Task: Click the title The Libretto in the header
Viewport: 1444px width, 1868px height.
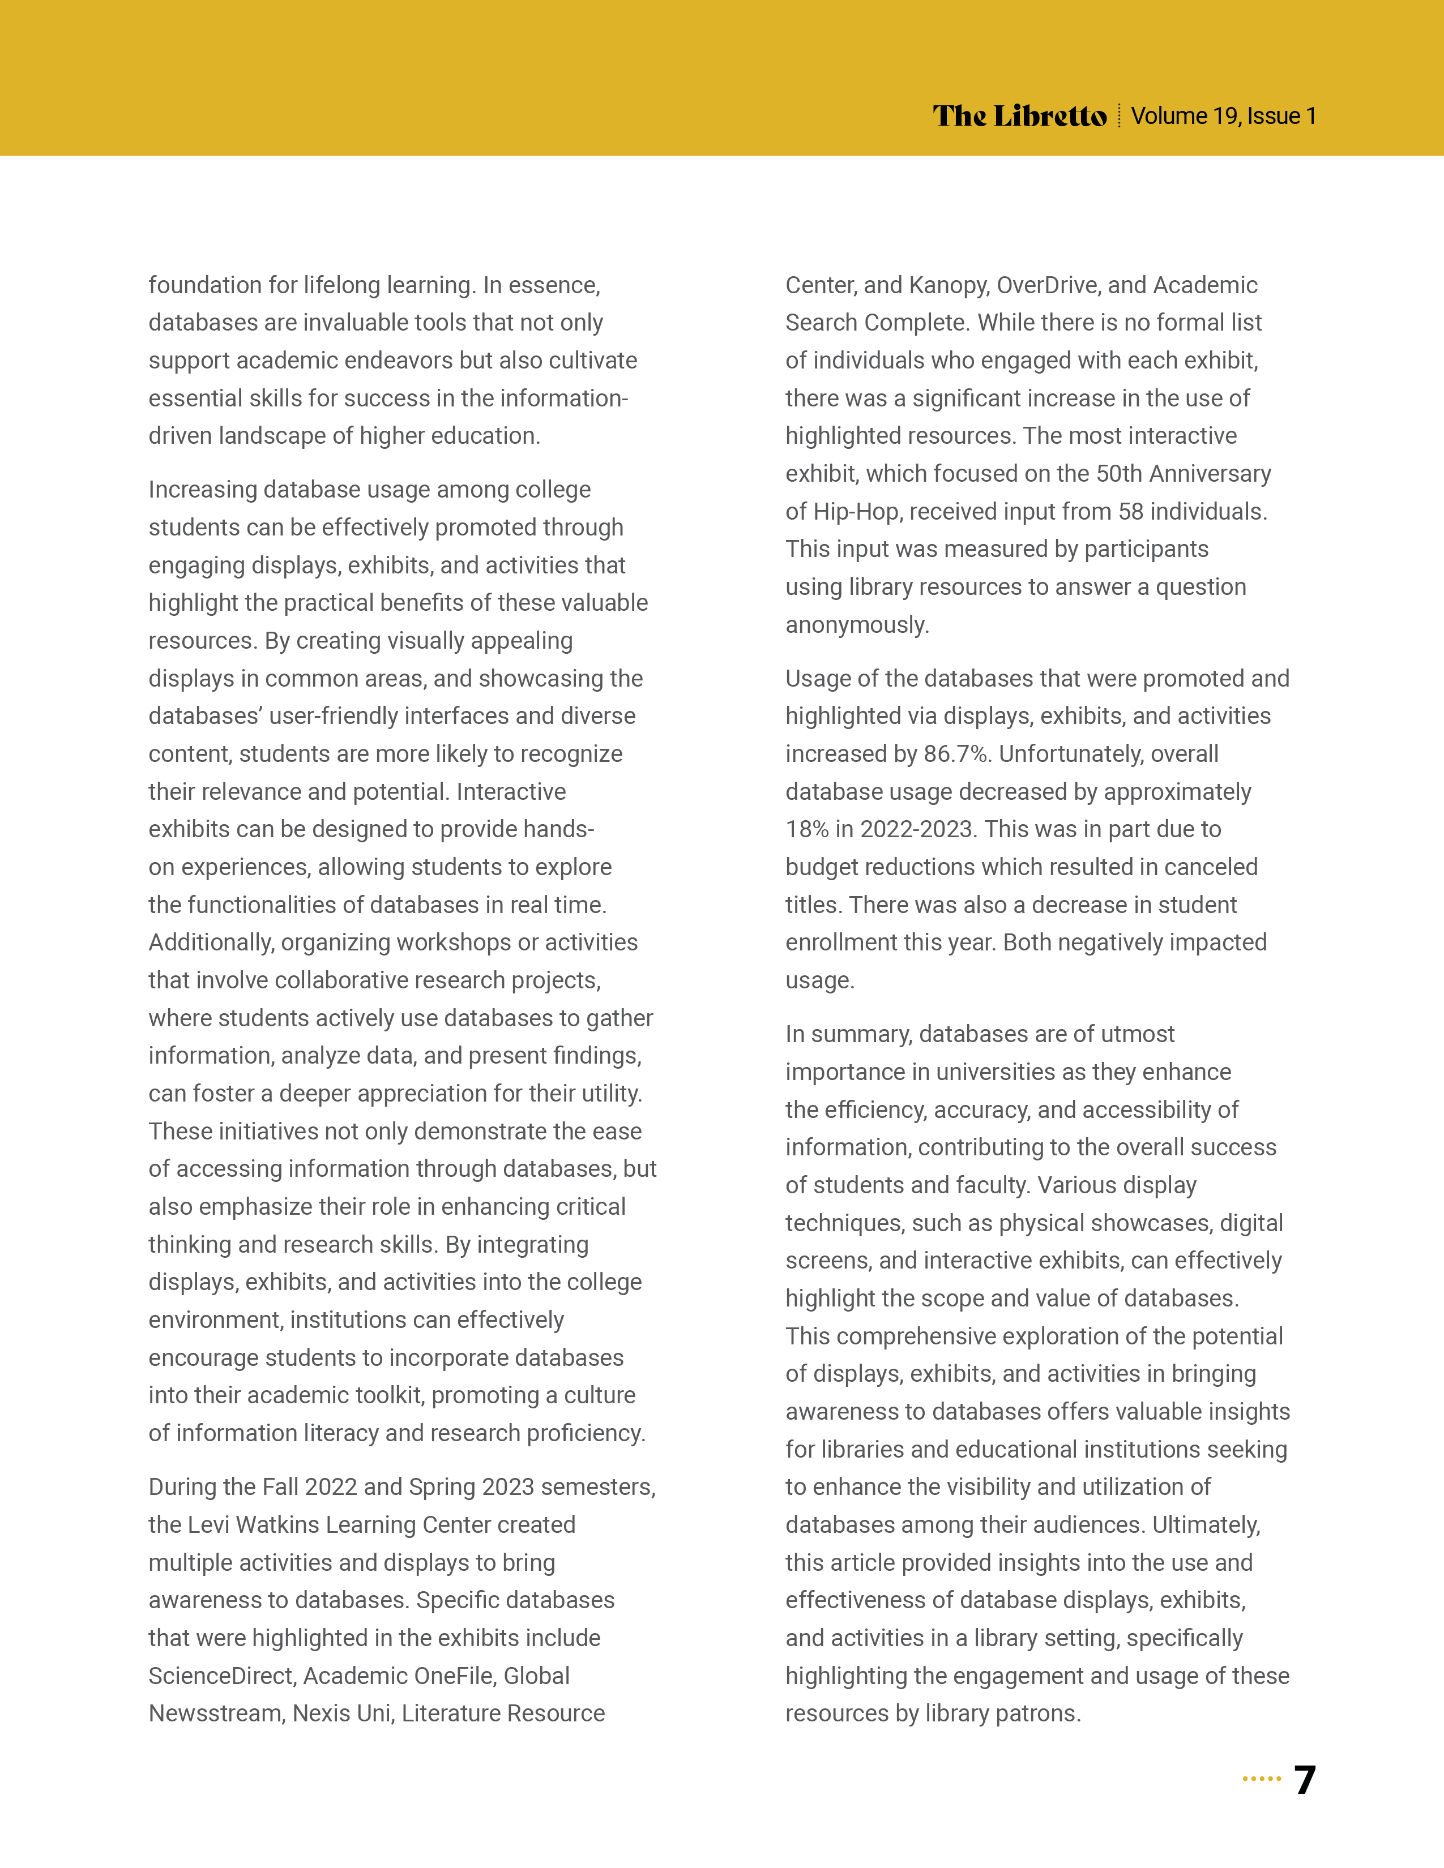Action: pyautogui.click(x=1020, y=115)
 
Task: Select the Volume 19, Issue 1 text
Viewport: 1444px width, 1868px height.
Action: pyautogui.click(x=1223, y=115)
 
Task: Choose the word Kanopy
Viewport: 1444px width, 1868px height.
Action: pyautogui.click(x=948, y=285)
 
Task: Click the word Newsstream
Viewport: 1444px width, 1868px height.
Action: pyautogui.click(x=215, y=1713)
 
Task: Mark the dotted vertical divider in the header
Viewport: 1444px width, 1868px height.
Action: pyautogui.click(x=1119, y=115)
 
